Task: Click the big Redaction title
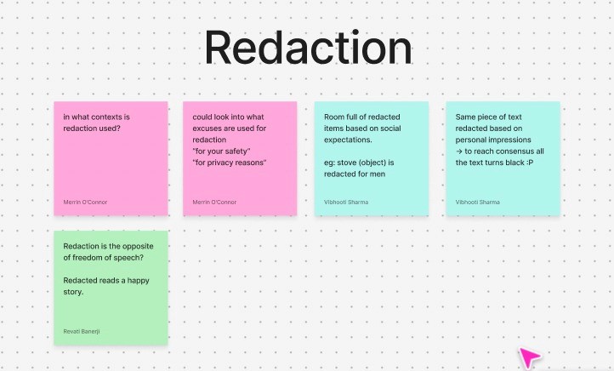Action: pos(307,49)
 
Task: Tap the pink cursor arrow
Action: pos(531,357)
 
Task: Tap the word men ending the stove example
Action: pos(378,174)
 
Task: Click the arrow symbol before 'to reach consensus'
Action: pos(459,151)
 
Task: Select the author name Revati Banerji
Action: pos(82,331)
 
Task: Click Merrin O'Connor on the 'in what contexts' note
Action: pos(85,203)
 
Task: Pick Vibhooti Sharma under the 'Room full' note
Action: pos(346,203)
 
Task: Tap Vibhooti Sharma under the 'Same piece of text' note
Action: pos(477,203)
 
